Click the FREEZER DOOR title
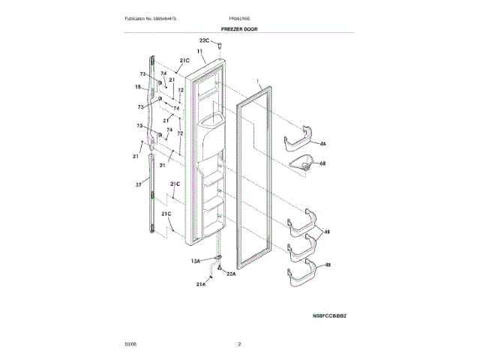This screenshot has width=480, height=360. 239,28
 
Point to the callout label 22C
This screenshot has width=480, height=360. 204,40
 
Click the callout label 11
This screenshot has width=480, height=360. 200,51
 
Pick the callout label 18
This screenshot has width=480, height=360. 137,87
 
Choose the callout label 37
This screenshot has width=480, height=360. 138,184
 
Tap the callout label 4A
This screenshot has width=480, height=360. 323,142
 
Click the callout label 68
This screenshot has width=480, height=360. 323,163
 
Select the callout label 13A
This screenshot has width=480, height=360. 196,259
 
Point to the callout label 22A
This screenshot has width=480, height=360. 231,274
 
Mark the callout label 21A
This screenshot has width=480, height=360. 201,285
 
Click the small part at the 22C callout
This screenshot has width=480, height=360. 221,46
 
